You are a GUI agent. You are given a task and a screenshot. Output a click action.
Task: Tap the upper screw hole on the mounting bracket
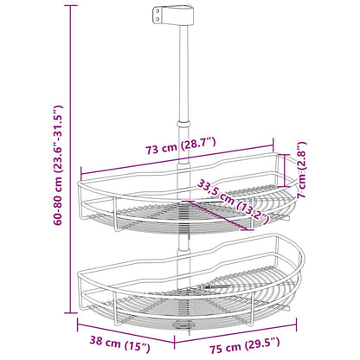158,11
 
